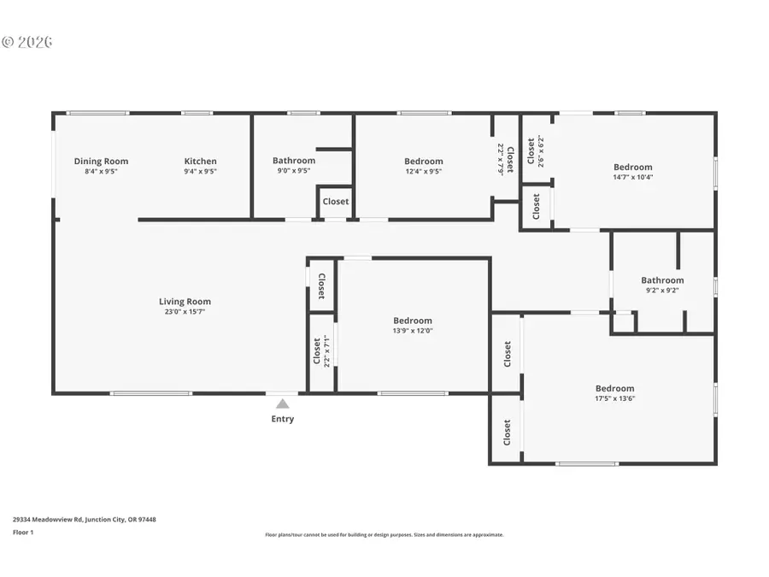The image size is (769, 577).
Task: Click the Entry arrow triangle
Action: tap(282, 403)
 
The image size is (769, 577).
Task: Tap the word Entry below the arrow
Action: tap(282, 419)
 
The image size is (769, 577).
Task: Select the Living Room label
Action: tap(185, 302)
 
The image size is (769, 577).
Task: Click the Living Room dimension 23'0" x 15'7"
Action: tap(185, 312)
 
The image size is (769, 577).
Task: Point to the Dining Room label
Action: tap(101, 162)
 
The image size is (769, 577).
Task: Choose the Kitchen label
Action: tap(201, 162)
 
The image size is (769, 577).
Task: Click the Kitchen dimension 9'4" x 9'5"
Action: tap(201, 171)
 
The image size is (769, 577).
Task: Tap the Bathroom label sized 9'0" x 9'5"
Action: tap(294, 161)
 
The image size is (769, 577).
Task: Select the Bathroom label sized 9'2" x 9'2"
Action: tap(662, 280)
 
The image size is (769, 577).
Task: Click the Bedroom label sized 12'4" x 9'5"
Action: tap(424, 162)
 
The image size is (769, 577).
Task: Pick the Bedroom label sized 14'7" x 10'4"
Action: tap(632, 168)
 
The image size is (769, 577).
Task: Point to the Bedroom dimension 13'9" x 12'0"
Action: tap(413, 331)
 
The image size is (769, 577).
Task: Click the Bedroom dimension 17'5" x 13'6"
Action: tap(615, 398)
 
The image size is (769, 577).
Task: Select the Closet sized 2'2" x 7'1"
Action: tap(321, 350)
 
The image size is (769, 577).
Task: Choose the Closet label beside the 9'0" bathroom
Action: tap(336, 202)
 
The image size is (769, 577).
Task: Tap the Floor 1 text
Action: tap(22, 532)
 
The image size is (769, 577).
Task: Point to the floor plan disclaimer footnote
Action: tap(384, 535)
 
